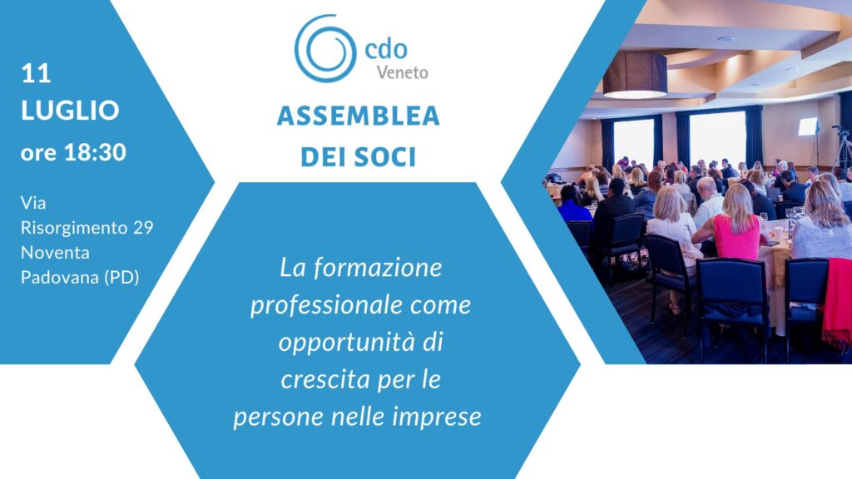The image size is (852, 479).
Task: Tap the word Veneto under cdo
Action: (402, 72)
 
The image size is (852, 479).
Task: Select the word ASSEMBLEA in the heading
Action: (358, 116)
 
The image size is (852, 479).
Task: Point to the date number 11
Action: (36, 73)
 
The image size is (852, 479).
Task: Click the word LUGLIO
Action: (70, 111)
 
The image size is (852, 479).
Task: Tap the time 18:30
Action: (95, 153)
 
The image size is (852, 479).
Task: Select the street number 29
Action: (143, 227)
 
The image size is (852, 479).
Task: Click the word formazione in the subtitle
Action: (378, 268)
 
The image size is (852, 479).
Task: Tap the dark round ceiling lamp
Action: (635, 75)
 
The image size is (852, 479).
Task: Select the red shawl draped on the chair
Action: (837, 302)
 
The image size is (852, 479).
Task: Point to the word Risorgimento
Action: (74, 228)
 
